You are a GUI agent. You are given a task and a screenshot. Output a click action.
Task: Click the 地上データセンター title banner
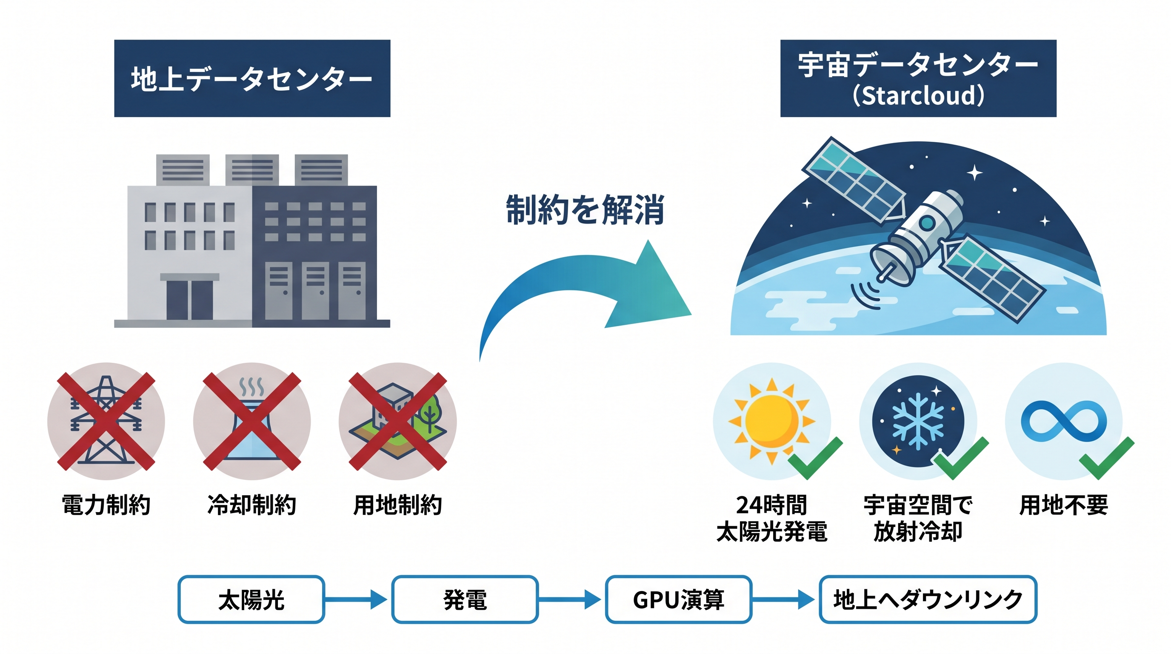click(x=252, y=78)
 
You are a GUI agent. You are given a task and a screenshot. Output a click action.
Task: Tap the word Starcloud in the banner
click(x=918, y=96)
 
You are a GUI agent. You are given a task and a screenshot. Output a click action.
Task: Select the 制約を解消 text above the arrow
click(x=585, y=209)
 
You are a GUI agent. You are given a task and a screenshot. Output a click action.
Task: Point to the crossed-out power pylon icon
click(x=106, y=421)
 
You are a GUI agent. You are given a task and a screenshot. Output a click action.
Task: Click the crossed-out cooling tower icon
click(x=251, y=421)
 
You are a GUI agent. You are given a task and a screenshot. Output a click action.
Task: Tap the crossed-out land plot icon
click(x=397, y=421)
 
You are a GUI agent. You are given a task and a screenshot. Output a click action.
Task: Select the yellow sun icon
click(x=771, y=421)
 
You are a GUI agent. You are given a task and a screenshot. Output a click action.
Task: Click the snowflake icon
click(x=917, y=421)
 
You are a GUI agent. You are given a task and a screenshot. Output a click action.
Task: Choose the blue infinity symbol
click(x=1063, y=421)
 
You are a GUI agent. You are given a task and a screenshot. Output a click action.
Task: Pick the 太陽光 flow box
click(x=251, y=599)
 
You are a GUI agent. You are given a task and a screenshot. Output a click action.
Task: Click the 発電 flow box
click(x=465, y=599)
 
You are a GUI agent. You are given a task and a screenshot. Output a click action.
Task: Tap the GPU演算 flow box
click(x=678, y=599)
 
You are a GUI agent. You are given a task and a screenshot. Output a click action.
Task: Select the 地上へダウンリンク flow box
click(x=927, y=599)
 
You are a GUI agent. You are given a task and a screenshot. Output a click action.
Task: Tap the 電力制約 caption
click(x=106, y=505)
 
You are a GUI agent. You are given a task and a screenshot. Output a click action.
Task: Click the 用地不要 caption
click(x=1063, y=505)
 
